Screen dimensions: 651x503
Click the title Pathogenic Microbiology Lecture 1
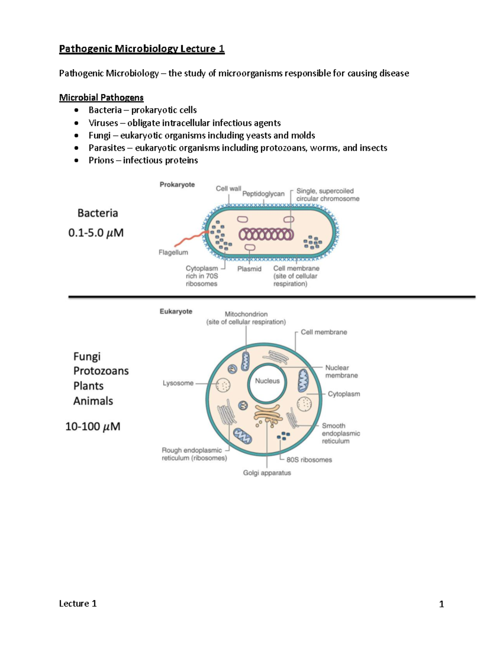142,49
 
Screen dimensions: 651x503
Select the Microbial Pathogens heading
101,98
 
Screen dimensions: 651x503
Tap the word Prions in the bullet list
101,160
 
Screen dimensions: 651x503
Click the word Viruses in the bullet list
103,123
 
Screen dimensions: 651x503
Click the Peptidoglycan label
263,194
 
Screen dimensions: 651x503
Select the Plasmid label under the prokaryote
249,269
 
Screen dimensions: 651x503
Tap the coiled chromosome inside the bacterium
266,234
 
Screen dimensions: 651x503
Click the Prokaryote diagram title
177,184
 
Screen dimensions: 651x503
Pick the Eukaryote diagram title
176,311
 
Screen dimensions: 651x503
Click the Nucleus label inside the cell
267,381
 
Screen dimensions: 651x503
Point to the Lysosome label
178,383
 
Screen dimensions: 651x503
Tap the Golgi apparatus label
267,473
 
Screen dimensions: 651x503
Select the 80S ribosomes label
309,460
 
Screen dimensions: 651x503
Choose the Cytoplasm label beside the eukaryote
344,394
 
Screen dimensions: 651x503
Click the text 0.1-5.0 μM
96,233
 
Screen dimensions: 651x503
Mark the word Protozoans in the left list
101,371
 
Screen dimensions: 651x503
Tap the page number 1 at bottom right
441,604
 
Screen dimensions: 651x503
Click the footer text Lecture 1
78,604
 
